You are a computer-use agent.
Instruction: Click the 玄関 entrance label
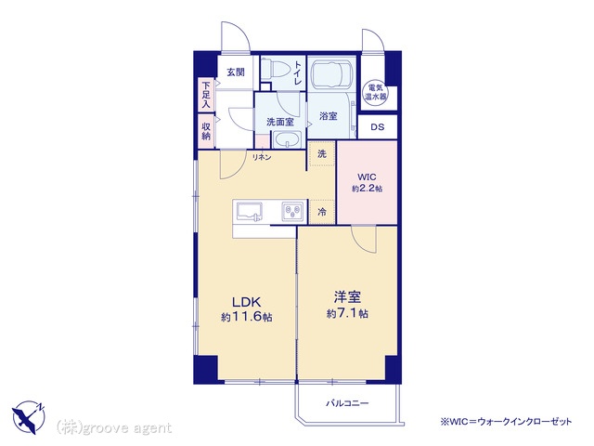[236, 72]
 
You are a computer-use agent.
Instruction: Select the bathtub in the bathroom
[332, 74]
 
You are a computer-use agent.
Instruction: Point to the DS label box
[378, 127]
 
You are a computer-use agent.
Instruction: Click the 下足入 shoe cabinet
[206, 95]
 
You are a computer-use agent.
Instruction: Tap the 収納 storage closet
[206, 131]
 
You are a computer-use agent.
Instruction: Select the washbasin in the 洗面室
[288, 140]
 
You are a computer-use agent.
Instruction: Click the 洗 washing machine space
[322, 154]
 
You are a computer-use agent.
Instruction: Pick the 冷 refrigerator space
[322, 212]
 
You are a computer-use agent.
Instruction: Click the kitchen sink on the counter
[250, 212]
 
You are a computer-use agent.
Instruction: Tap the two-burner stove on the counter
[292, 212]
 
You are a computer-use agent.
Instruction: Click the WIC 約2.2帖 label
[368, 182]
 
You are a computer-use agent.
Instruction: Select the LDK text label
[246, 302]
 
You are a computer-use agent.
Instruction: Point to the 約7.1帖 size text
[347, 314]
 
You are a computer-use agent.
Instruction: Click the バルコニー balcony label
[347, 403]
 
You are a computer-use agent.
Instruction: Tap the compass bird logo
[29, 417]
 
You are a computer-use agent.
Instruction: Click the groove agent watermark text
[113, 428]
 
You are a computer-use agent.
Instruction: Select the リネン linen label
[262, 157]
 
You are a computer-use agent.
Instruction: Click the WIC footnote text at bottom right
[506, 421]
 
